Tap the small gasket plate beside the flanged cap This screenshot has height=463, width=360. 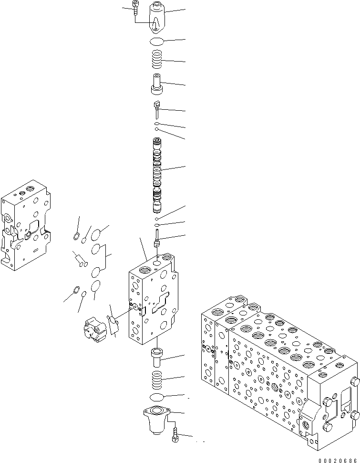[113, 324]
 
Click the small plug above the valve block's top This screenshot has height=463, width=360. [156, 239]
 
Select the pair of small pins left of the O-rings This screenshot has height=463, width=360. [80, 260]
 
